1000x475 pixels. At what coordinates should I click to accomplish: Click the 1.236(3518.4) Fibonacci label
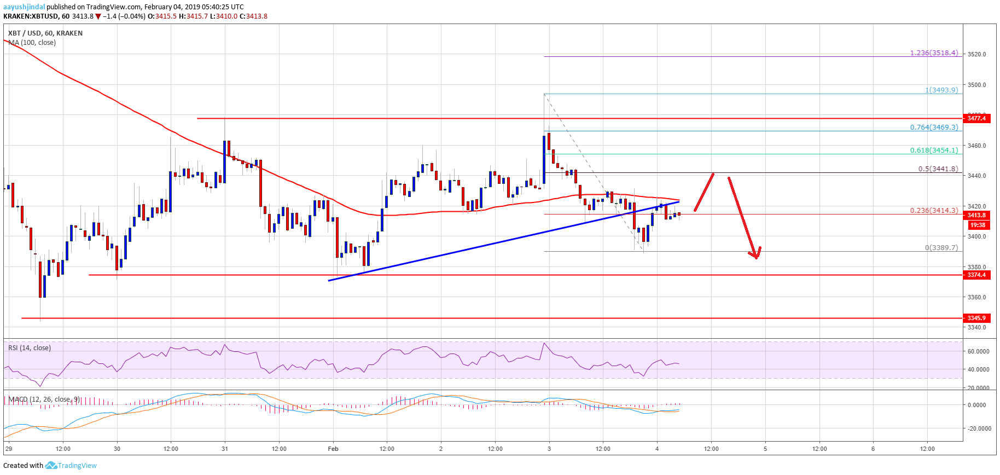click(934, 53)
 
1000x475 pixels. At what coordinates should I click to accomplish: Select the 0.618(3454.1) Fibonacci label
click(934, 150)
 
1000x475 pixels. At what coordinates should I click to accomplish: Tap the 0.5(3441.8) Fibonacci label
click(938, 169)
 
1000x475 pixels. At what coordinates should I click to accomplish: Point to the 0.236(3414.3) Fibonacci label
click(934, 210)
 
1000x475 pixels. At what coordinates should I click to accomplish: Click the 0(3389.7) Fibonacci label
click(941, 247)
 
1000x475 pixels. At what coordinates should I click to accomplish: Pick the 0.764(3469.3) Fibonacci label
click(934, 127)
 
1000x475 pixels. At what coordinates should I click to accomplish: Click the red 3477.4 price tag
click(976, 118)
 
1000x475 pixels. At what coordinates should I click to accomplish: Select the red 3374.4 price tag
click(976, 275)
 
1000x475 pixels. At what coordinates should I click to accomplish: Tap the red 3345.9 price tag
click(976, 318)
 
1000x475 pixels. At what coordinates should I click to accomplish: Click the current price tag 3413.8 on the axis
click(976, 216)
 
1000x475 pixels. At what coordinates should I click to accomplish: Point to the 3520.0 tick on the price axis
click(976, 54)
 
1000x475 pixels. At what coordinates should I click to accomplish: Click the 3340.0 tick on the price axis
click(976, 327)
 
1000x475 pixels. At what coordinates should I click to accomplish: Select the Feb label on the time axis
click(333, 449)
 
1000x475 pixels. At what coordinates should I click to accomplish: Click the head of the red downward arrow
click(756, 255)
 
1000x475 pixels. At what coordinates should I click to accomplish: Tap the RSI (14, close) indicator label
click(30, 348)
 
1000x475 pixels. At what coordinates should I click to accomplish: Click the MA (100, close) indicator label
click(32, 43)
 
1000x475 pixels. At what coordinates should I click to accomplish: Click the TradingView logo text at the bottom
click(77, 466)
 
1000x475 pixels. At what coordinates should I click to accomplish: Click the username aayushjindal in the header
click(24, 7)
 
